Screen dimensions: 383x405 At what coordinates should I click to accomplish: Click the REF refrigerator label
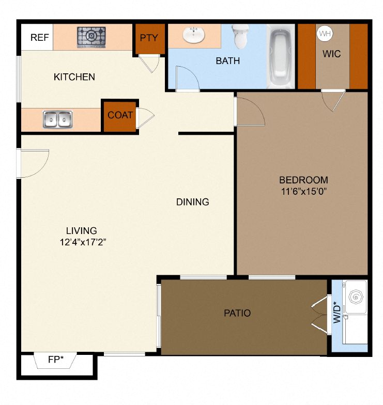coord(39,37)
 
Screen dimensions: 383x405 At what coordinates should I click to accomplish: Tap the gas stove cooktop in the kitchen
coord(91,37)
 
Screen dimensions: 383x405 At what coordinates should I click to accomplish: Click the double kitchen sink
coord(58,119)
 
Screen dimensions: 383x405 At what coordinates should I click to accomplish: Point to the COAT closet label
coord(120,115)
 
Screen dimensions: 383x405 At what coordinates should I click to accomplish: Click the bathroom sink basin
coord(194,35)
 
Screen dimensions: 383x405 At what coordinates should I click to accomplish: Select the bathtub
coord(281,57)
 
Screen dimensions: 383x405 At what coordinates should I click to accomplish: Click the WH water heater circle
coord(325,34)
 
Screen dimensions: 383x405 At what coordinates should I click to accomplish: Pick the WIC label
coord(332,54)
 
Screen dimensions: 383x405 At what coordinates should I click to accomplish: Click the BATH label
coord(227,61)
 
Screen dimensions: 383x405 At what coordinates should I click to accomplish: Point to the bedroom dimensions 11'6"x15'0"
coord(304,191)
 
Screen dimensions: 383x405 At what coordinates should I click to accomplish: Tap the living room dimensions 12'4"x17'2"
coord(83,242)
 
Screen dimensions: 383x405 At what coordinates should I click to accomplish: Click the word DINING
coord(192,201)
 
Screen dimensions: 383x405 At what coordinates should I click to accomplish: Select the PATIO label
coord(237,313)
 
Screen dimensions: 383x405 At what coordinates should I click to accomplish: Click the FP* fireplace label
coord(56,360)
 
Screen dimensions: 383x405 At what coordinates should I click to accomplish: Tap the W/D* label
coord(337,313)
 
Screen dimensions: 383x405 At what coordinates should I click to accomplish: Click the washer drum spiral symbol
coord(356,297)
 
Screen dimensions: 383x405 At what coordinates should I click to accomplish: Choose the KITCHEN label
coord(74,77)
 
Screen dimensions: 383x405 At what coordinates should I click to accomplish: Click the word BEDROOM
coord(304,180)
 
